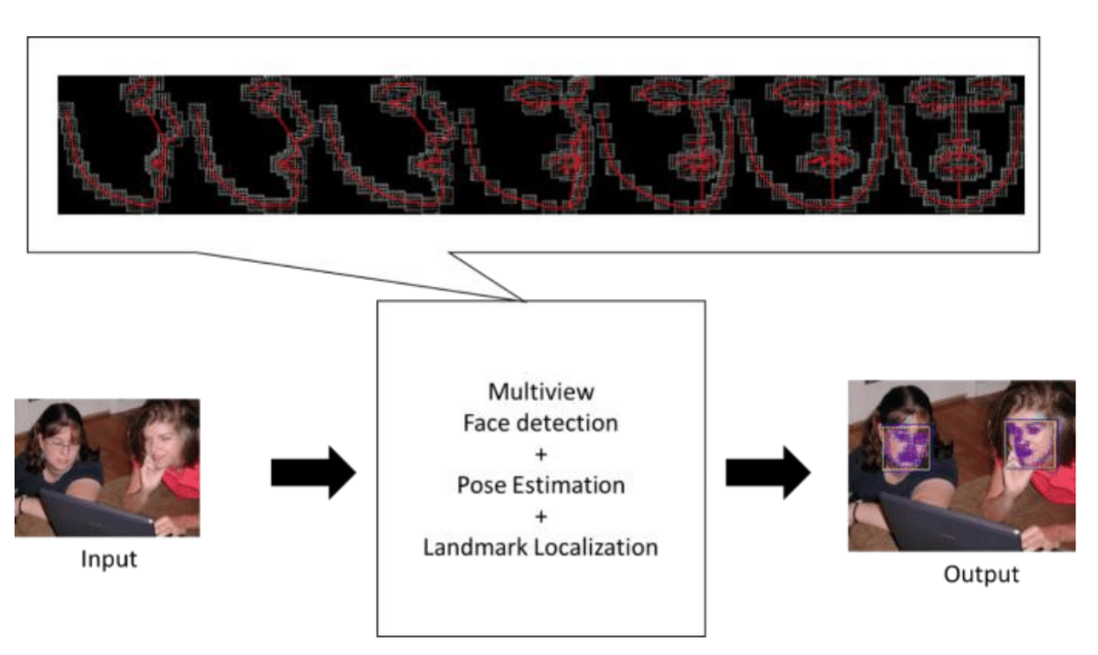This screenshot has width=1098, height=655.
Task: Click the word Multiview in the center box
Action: (x=541, y=391)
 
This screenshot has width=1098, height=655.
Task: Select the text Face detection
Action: (x=541, y=423)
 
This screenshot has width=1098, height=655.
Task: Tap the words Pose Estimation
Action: (x=541, y=485)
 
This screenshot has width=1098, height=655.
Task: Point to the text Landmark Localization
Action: (x=541, y=547)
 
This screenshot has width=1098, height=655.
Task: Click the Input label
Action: (x=109, y=559)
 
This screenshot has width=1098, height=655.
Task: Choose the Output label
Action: (x=981, y=574)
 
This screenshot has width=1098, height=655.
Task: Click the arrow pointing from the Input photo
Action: (x=313, y=473)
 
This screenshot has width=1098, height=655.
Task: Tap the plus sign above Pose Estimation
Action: (x=541, y=454)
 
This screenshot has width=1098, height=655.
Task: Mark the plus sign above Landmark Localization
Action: (x=541, y=516)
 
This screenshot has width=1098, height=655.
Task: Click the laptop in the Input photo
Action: (x=95, y=515)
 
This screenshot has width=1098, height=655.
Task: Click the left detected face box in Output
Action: (x=905, y=448)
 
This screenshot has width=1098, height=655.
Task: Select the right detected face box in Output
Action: (x=1030, y=444)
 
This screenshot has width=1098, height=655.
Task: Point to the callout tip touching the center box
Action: (x=524, y=300)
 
